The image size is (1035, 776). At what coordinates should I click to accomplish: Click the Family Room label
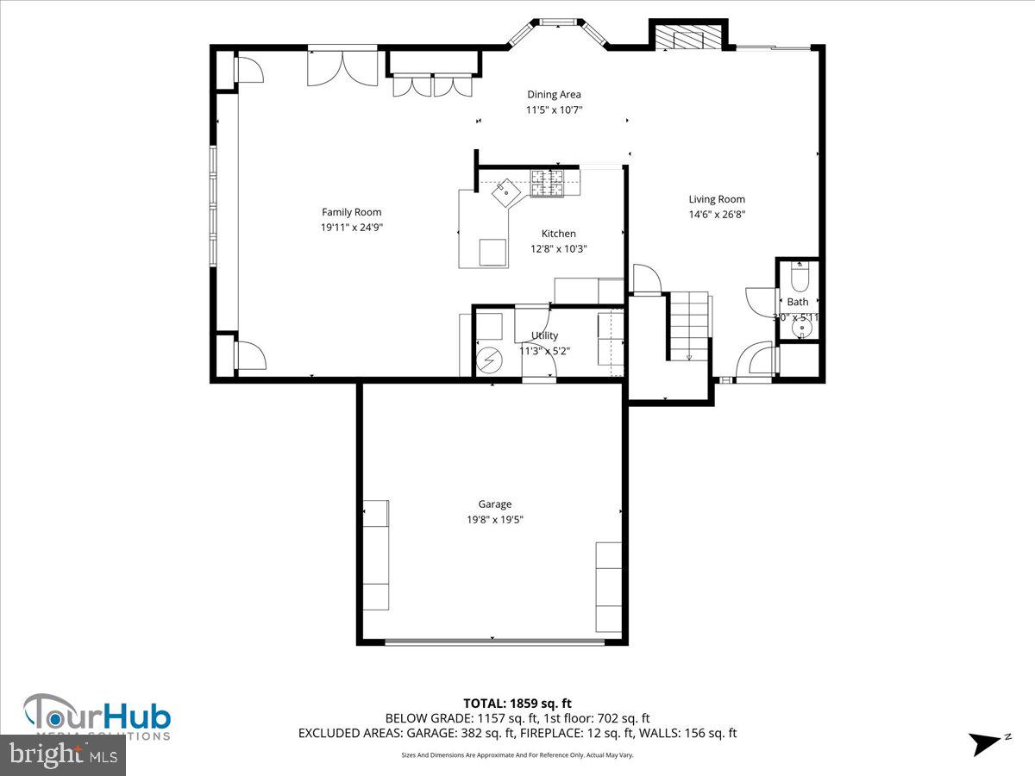point(351,212)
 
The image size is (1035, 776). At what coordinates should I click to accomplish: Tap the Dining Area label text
point(554,95)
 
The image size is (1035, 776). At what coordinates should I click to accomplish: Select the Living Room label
point(716,199)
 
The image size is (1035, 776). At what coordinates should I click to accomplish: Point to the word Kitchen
point(558,234)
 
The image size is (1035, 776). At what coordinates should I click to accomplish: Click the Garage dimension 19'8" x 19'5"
point(495,519)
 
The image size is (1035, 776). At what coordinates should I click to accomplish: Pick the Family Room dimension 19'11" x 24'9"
point(351,228)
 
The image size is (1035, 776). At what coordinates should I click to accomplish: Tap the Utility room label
point(544,335)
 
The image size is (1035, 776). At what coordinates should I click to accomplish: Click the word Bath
point(798,302)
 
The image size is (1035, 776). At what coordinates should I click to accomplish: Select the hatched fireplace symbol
point(687,37)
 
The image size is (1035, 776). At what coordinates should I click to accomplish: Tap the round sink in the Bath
point(804,328)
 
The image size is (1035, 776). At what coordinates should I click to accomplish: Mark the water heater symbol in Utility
point(488,355)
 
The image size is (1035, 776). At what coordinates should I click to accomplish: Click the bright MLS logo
point(63,754)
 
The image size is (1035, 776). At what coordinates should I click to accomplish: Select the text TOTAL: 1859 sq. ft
point(517,704)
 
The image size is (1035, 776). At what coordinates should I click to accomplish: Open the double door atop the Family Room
point(342,69)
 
